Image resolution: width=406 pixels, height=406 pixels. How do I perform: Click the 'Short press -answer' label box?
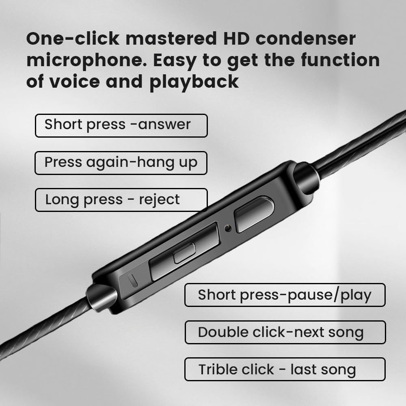(121, 125)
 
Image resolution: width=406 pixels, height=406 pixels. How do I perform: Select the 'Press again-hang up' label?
(121, 163)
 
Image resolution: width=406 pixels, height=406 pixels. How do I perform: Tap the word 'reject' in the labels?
(159, 200)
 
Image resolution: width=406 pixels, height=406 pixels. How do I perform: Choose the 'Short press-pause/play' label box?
(285, 295)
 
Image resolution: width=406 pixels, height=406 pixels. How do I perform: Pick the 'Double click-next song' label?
(285, 332)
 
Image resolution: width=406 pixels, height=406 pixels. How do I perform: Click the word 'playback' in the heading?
(194, 82)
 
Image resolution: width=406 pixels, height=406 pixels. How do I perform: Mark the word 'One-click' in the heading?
(73, 39)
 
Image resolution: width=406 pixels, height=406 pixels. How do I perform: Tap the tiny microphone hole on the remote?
(228, 228)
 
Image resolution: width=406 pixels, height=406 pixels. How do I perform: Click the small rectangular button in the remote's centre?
(184, 254)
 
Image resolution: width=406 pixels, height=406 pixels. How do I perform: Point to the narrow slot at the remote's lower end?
(132, 280)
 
